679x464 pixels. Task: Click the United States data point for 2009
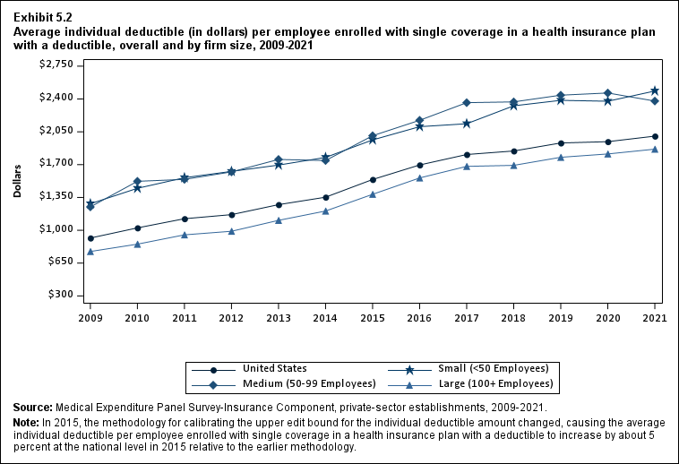tap(90, 238)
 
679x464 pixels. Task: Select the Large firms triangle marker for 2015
tap(373, 194)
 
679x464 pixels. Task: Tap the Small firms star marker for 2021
tap(655, 91)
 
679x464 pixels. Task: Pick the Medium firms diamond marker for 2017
tap(467, 103)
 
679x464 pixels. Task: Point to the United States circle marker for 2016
tap(419, 165)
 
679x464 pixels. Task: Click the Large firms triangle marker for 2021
tap(655, 150)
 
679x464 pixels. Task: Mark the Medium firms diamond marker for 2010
tap(137, 182)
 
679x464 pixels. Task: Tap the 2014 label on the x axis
tap(325, 317)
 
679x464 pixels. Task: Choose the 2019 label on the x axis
tap(561, 317)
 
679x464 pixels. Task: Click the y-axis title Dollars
tap(18, 180)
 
